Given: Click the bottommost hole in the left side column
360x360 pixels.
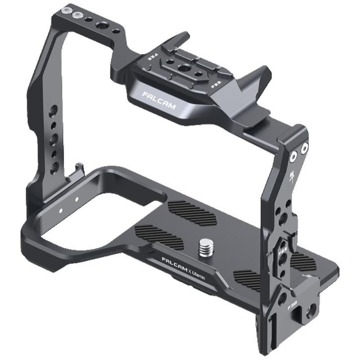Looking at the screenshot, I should coord(54,167).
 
